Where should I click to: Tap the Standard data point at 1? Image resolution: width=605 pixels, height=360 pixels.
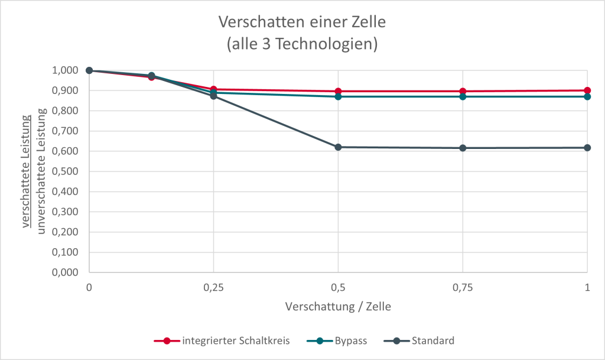(x=587, y=148)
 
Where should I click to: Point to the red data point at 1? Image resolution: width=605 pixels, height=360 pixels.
(x=587, y=90)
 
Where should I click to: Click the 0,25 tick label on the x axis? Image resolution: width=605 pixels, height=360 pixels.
(x=214, y=287)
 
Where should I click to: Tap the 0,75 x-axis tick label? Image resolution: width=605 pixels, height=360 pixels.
(x=463, y=287)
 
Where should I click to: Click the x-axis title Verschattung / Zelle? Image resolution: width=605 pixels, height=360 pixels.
(x=338, y=307)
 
